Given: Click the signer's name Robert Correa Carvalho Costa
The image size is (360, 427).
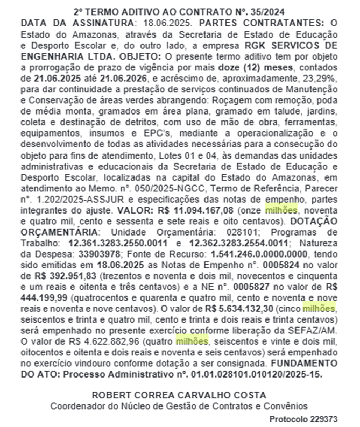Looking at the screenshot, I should (179, 395).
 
